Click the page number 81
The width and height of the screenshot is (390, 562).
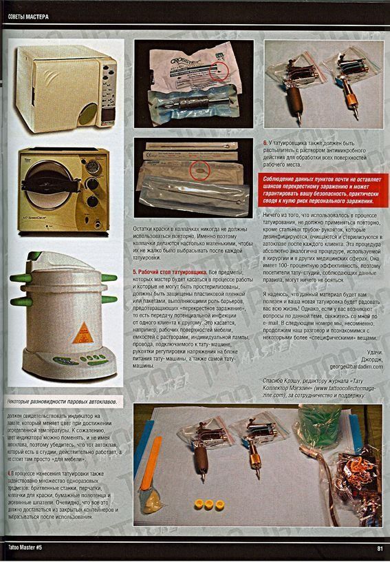(x=380, y=548)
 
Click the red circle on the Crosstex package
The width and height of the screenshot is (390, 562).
(x=219, y=70)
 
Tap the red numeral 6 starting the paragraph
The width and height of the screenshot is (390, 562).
(x=266, y=143)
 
